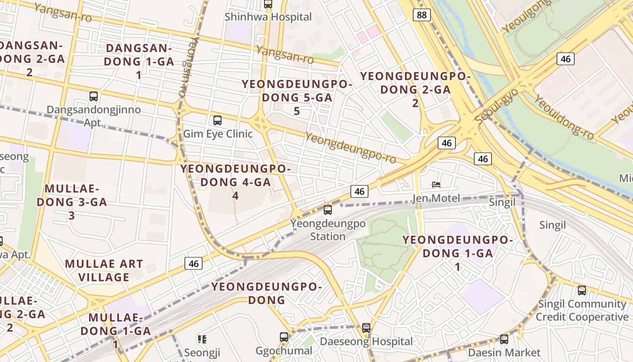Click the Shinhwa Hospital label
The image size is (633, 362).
(x=269, y=17)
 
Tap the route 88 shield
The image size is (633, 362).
(x=421, y=15)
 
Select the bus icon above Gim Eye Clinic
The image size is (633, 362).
(x=217, y=120)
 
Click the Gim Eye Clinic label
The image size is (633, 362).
(x=217, y=134)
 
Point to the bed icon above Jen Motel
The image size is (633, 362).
(x=436, y=185)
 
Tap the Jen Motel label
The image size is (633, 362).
(x=436, y=198)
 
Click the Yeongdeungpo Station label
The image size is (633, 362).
(x=328, y=229)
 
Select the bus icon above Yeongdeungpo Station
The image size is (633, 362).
(x=328, y=210)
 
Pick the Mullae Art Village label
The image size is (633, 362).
(x=104, y=270)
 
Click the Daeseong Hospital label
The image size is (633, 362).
(x=366, y=341)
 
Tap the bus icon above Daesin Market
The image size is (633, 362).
(x=504, y=339)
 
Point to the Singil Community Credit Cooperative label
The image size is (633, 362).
(x=582, y=310)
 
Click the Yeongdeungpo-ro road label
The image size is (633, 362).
(x=350, y=148)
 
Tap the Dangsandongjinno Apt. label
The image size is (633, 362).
(x=94, y=116)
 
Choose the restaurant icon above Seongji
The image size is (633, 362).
(x=202, y=339)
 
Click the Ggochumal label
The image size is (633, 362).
(x=284, y=351)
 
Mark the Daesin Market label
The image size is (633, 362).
(x=504, y=352)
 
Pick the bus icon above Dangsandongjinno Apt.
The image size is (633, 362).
(x=94, y=96)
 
